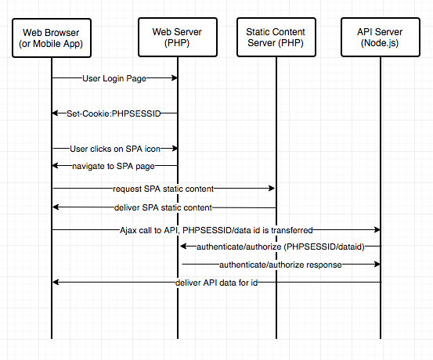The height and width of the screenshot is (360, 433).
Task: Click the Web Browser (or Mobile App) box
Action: point(52,38)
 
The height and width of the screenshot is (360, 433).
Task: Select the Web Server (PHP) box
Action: point(178,38)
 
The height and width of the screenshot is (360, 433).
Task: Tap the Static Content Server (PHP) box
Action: point(276,38)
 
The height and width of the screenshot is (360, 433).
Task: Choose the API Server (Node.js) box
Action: point(381,38)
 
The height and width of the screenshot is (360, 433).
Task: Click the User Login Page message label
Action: point(114,78)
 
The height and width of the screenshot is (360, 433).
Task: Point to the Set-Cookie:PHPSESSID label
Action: point(114,113)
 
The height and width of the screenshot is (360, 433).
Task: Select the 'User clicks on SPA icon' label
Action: point(115,149)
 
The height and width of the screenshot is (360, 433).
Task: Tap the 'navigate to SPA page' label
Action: point(114,166)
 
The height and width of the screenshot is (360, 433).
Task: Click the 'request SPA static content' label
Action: point(163,189)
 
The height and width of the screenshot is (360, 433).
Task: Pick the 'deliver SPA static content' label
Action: point(163,207)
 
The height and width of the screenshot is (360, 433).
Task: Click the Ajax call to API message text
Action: point(216,230)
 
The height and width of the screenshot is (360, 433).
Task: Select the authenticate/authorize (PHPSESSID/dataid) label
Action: point(280,247)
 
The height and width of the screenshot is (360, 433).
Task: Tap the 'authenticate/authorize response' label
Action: point(280,265)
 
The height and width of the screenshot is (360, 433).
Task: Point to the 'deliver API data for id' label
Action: point(217,283)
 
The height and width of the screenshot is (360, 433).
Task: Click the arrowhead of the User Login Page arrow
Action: point(175,77)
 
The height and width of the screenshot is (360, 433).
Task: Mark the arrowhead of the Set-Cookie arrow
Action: point(56,113)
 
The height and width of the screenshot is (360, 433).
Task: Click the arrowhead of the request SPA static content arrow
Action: point(272,189)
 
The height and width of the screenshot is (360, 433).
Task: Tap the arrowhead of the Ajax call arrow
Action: point(377,229)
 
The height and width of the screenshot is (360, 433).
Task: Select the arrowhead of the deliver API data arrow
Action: point(56,283)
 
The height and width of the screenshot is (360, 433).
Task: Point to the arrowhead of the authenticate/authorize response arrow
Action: point(377,265)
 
